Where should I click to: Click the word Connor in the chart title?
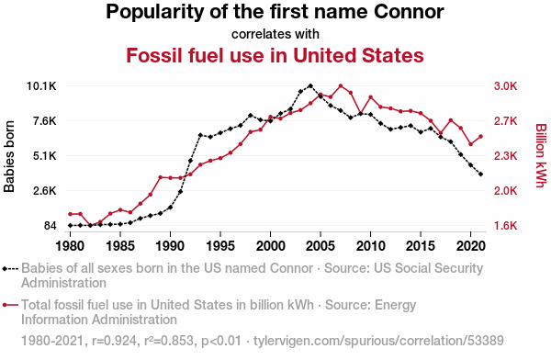(x=409, y=12)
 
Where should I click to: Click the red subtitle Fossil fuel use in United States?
(x=275, y=55)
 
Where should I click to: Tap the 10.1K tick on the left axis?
(x=41, y=86)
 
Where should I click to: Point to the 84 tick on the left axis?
(x=50, y=226)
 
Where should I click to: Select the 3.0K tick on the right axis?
(x=506, y=86)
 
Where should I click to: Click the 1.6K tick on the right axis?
(x=506, y=226)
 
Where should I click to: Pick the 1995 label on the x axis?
(x=220, y=246)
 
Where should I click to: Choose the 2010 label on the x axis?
(x=370, y=246)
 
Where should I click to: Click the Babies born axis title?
(x=9, y=156)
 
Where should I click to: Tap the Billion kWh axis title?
(x=542, y=155)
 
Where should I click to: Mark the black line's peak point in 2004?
(x=310, y=85)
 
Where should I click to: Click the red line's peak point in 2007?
(x=341, y=85)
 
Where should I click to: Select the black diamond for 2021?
(x=480, y=174)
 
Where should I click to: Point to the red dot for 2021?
(x=480, y=137)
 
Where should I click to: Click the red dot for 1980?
(x=71, y=214)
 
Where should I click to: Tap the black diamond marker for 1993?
(x=200, y=135)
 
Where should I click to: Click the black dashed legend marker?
(x=10, y=269)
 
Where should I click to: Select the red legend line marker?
(x=10, y=305)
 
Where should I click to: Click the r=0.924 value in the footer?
(x=114, y=341)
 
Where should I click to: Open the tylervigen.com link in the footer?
(x=378, y=341)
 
